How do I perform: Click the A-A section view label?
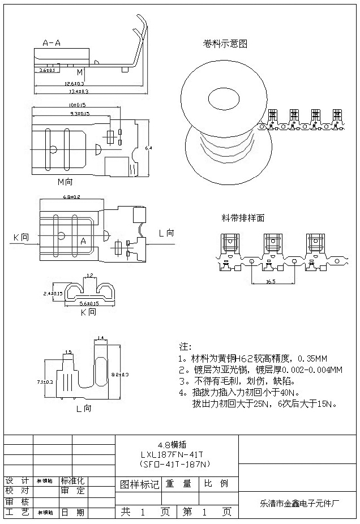52,42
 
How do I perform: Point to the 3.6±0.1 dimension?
48,71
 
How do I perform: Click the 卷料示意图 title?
225,44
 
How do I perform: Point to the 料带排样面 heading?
242,217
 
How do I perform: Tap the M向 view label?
65,182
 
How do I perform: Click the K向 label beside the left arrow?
20,238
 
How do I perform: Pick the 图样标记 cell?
139,484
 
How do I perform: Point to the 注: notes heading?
185,346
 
